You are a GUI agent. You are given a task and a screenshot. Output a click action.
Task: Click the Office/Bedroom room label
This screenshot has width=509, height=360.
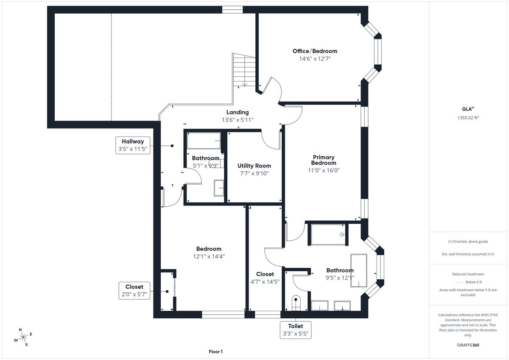tap(315, 51)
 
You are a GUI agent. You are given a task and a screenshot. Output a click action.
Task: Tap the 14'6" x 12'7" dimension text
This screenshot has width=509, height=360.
tap(315, 59)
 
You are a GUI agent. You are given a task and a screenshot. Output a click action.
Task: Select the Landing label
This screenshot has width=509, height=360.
tap(238, 112)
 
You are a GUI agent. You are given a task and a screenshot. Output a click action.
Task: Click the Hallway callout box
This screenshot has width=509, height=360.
tap(133, 145)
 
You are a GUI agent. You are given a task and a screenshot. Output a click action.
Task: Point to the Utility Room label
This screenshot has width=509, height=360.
tap(254, 166)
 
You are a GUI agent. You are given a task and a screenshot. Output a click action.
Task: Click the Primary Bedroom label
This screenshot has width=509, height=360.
tap(324, 160)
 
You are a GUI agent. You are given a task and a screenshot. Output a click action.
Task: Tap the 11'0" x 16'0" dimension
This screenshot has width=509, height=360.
tap(324, 170)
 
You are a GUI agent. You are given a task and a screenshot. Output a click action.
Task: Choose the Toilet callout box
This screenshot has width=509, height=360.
tap(296, 330)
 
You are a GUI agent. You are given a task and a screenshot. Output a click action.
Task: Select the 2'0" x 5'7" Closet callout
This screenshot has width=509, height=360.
tap(134, 291)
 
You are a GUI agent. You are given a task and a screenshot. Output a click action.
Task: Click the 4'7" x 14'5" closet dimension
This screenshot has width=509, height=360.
tap(265, 282)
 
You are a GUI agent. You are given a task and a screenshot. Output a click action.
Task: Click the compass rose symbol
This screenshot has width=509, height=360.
tap(23, 337)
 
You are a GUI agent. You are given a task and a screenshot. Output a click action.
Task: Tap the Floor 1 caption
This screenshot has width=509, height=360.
tap(215, 352)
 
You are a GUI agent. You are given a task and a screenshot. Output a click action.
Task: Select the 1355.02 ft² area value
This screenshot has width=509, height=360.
tap(468, 118)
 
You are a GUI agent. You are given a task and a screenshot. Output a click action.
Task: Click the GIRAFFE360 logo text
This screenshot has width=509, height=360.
tap(468, 345)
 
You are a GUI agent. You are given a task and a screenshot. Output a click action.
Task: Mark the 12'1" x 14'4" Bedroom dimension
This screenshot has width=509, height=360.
tap(209, 256)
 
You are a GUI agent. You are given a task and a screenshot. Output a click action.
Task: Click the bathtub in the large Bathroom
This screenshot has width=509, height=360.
tap(359, 270)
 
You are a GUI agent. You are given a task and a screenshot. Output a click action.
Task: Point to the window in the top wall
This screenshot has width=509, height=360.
tap(232, 9)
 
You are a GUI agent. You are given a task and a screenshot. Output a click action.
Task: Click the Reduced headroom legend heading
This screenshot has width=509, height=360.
tap(468, 274)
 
